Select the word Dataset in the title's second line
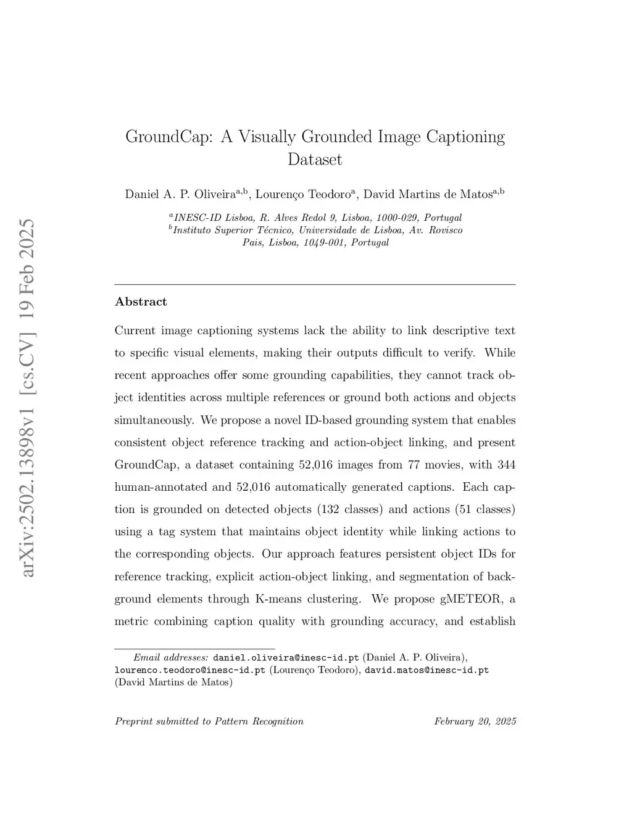315,159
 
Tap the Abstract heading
141,302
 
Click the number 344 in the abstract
505,464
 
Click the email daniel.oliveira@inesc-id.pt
286,657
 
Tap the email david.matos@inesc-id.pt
426,670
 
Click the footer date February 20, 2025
475,721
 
